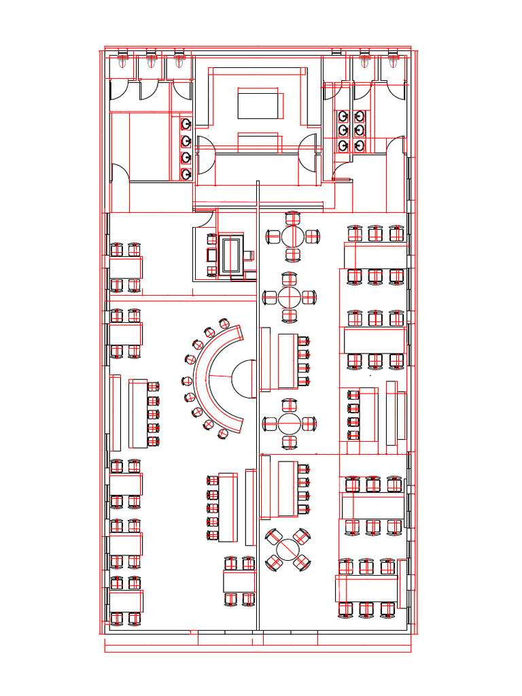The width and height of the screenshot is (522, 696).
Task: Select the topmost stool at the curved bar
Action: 224,322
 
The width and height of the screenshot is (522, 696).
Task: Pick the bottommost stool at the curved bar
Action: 223,434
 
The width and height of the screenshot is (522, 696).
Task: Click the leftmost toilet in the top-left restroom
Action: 122,60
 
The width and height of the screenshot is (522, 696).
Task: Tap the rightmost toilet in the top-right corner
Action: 394,60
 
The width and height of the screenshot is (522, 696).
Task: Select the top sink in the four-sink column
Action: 186,124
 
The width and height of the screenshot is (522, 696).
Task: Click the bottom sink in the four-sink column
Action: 186,174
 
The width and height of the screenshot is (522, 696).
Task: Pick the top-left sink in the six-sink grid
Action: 344,116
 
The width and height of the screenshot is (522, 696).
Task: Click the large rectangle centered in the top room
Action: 258,105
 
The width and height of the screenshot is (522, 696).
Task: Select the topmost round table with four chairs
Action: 293,237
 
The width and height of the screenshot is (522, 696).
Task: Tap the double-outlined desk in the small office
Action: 232,255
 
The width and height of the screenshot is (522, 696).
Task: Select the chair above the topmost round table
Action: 293,218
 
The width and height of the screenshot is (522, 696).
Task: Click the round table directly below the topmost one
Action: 290,297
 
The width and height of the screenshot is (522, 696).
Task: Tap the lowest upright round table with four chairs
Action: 290,424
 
